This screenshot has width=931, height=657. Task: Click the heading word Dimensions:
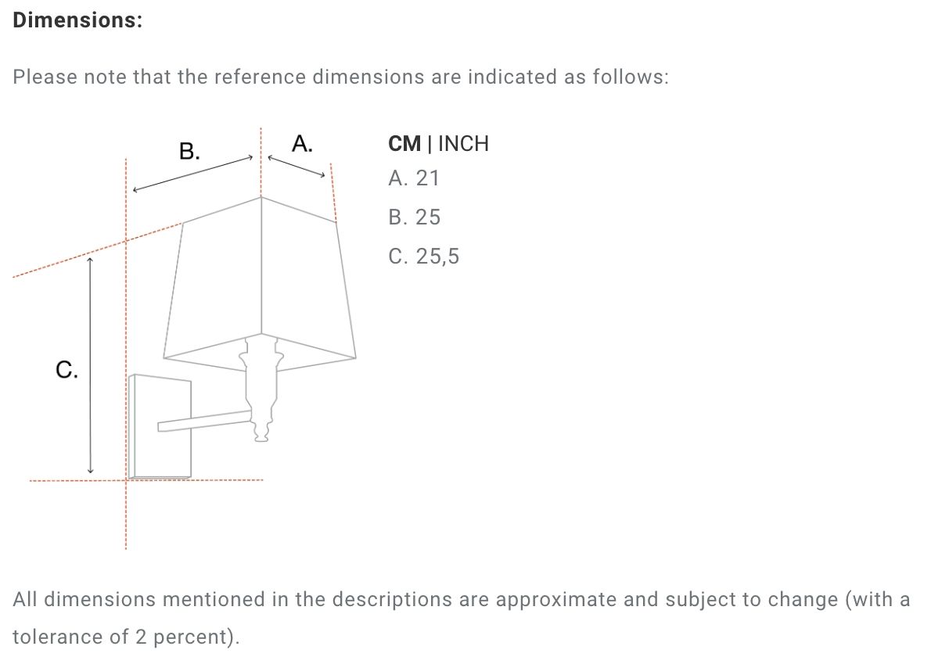(x=77, y=20)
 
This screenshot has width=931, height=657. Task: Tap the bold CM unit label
(x=404, y=144)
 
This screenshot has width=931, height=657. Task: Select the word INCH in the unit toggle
(x=463, y=144)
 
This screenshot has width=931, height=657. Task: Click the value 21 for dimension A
(x=427, y=178)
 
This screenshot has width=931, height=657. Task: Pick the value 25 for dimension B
(x=428, y=217)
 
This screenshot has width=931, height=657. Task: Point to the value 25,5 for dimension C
(x=437, y=257)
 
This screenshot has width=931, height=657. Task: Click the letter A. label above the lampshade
(x=302, y=144)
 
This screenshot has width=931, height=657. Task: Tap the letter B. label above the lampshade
(x=189, y=151)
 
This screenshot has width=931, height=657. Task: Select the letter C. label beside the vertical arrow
(x=66, y=370)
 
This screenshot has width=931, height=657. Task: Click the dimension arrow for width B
(x=193, y=174)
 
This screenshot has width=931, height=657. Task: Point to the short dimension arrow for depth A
(x=297, y=166)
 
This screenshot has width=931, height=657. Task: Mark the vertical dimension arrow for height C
(x=90, y=365)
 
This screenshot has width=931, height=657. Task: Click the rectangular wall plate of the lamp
(x=160, y=426)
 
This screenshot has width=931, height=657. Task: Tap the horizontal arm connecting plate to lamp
(x=203, y=420)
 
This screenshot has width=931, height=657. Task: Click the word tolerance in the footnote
(x=57, y=637)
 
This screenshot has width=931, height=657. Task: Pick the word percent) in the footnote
(x=196, y=637)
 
